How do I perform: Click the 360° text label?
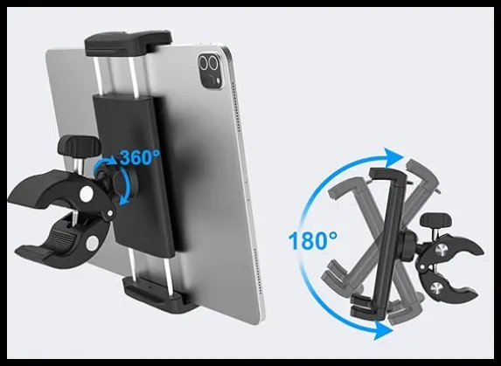tap(140, 156)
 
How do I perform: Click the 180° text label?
tap(312, 240)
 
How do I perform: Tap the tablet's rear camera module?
tap(210, 71)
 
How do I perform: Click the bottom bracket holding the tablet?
tap(160, 293)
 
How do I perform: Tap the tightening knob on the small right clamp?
tap(435, 220)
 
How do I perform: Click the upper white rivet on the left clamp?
tap(87, 194)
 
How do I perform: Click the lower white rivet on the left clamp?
tap(92, 243)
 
